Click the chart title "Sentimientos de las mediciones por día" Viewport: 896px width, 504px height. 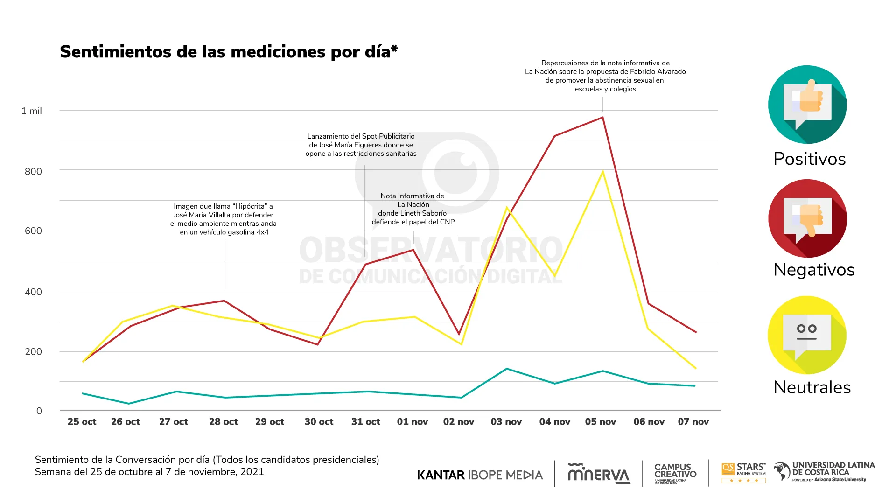tap(229, 52)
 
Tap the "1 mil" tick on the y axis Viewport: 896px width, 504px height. tap(32, 111)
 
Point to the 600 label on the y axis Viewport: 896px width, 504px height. tap(33, 231)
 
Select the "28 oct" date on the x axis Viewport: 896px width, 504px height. tap(223, 422)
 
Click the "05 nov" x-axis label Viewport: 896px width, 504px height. tap(600, 422)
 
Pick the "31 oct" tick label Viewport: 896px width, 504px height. tap(365, 422)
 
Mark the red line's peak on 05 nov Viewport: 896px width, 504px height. tap(602, 117)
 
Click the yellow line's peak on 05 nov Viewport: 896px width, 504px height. tap(602, 172)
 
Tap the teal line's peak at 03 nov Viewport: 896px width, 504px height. tap(507, 369)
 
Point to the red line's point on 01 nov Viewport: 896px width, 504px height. tap(413, 250)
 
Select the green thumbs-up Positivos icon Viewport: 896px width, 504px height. tap(807, 105)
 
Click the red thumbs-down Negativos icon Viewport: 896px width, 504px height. tap(807, 218)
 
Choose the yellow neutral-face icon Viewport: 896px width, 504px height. tap(807, 335)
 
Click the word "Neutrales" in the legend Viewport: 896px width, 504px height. tap(812, 387)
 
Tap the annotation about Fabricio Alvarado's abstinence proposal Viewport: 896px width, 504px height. tap(605, 76)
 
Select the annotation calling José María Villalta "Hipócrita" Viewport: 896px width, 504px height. tap(223, 219)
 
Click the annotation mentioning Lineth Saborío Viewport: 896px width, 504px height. tap(413, 209)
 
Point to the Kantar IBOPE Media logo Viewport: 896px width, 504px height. tap(480, 475)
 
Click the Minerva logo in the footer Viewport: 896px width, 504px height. tap(599, 474)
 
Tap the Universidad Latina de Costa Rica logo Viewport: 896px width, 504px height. tap(824, 472)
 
